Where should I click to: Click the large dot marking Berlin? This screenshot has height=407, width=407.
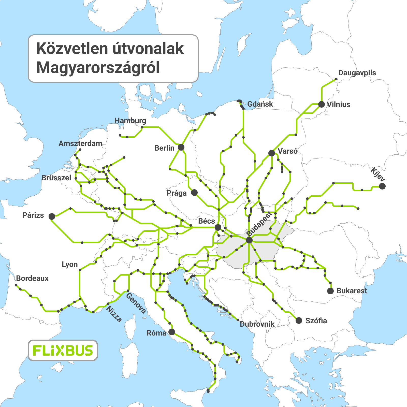(181, 147)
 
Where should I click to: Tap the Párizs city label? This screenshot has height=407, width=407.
(33, 215)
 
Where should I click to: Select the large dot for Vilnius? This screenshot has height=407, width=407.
(322, 104)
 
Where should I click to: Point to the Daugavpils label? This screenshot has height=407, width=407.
(357, 73)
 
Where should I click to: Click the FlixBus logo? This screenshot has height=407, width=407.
(63, 351)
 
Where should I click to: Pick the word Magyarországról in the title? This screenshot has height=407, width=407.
(98, 68)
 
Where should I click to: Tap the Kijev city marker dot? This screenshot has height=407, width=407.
(382, 186)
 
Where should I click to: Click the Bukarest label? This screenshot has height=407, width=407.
(352, 291)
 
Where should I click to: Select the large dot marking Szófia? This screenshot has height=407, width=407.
(299, 321)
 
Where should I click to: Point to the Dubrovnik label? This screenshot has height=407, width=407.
(257, 324)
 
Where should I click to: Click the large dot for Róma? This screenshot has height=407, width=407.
(172, 332)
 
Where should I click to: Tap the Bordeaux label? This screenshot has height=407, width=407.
(32, 278)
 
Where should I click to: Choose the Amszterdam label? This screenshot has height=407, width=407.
(80, 143)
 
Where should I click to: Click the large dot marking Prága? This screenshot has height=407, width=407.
(194, 192)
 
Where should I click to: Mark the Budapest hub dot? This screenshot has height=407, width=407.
(249, 240)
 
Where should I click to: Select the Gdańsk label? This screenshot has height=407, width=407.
(260, 104)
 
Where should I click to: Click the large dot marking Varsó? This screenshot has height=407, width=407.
(272, 153)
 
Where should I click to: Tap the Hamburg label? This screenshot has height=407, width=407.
(130, 121)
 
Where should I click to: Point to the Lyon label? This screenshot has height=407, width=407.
(70, 264)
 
